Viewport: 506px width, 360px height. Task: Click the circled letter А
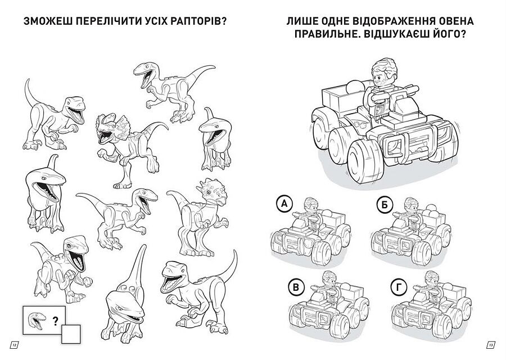284,204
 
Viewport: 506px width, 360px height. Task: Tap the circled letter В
296,287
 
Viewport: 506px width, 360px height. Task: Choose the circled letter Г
398,287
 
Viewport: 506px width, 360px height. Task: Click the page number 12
15,345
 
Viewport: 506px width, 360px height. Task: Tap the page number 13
490,345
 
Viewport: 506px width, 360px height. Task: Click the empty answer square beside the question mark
71,334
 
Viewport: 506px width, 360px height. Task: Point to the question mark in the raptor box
56,321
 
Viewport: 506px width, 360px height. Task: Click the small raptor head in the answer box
37,320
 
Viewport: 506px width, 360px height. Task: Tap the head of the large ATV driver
383,73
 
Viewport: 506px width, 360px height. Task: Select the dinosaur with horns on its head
197,217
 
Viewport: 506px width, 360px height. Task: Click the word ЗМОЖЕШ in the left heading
47,21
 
